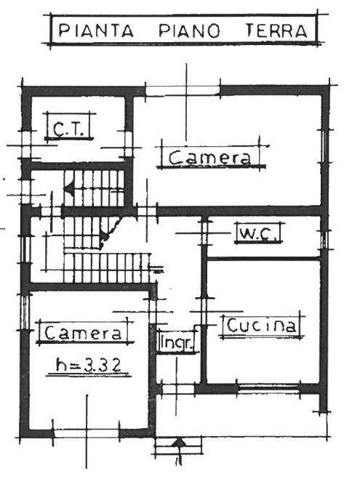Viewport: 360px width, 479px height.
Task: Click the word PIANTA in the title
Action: point(96,31)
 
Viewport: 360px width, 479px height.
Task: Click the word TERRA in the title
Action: point(276,31)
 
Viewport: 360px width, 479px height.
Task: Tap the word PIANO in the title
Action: point(190,31)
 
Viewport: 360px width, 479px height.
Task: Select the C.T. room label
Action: point(68,129)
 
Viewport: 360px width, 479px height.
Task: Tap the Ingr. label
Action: point(177,343)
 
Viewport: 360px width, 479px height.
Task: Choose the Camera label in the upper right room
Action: point(209,158)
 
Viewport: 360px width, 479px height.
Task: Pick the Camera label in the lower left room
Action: point(83,333)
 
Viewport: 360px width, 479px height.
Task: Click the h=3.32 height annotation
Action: point(89,365)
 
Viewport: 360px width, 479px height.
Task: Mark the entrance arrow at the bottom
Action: point(178,443)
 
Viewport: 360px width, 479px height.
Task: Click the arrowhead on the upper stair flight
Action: point(69,188)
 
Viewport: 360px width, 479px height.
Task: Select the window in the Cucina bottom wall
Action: point(268,388)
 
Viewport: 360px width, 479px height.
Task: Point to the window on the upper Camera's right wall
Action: point(324,145)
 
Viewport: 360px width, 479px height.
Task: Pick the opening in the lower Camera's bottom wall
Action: point(87,433)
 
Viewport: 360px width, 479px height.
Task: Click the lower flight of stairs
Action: point(107,267)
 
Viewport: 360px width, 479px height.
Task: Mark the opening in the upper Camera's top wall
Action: point(183,91)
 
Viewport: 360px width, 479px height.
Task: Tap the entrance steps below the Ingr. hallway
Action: point(178,446)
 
